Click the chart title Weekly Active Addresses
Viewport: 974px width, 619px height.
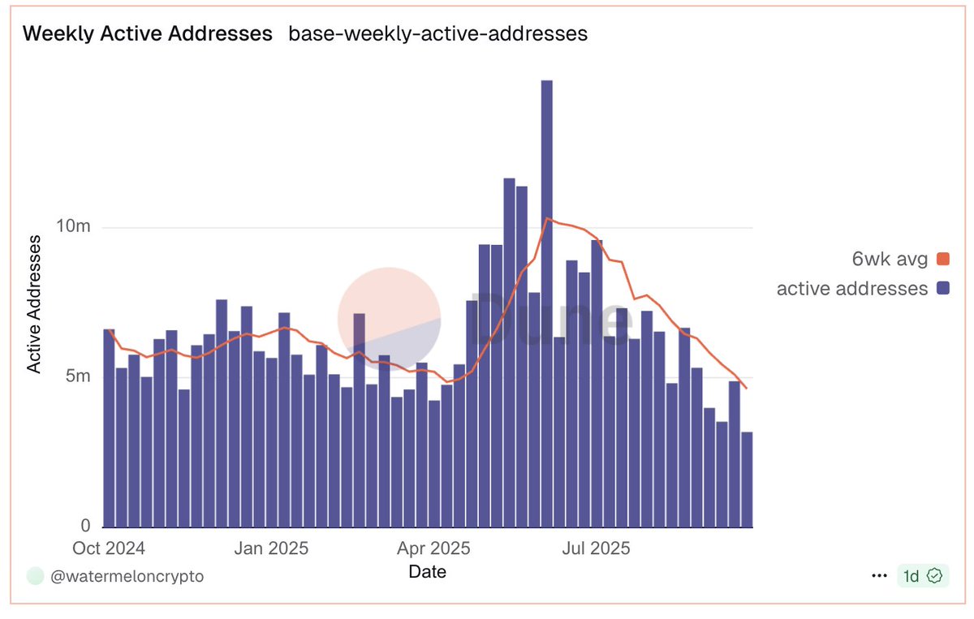coord(147,33)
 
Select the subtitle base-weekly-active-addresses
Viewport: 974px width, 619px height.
coord(437,33)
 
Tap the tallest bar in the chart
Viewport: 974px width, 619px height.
coord(546,303)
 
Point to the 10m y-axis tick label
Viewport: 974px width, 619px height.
coord(73,226)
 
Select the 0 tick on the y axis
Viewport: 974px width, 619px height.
coord(85,525)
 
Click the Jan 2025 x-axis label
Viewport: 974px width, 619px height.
coord(271,548)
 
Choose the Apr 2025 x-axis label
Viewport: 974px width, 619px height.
coord(433,548)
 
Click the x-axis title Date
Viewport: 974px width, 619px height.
coord(427,572)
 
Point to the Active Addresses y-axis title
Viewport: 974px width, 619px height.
coord(35,303)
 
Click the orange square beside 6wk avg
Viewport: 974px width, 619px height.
coord(942,260)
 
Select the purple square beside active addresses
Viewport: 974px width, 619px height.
coord(942,288)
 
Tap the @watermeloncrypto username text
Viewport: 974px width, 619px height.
coord(127,576)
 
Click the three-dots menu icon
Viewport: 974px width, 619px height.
coord(878,576)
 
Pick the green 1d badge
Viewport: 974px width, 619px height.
coord(922,576)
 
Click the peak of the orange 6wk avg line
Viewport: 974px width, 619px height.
coord(548,218)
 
